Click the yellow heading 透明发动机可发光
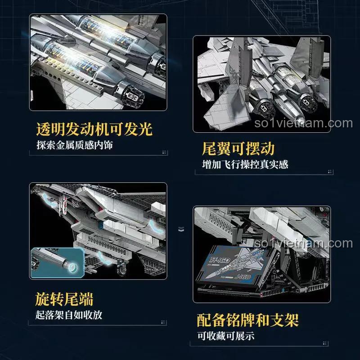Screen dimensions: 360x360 [x=94, y=129]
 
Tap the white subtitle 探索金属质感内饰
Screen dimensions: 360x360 [x=75, y=145]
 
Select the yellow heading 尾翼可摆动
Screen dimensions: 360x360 [x=238, y=148]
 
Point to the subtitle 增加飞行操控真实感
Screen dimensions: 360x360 [x=245, y=164]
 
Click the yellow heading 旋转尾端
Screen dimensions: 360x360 [x=64, y=299]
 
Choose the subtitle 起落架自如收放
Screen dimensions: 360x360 [x=69, y=315]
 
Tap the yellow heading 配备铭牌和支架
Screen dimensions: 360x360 [x=248, y=320]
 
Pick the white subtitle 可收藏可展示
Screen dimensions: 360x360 [x=226, y=336]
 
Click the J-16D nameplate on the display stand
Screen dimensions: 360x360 [x=232, y=266]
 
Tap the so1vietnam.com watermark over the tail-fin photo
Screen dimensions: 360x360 [x=303, y=123]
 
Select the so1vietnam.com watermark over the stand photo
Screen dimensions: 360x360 [x=303, y=243]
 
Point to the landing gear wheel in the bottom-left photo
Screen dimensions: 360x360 [x=121, y=269]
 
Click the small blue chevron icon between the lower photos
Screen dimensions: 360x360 [x=181, y=229]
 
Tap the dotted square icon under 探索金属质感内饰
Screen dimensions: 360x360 [x=164, y=152]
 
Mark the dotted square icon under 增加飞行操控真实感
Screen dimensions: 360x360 [x=330, y=171]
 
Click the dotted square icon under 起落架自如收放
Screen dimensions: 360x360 [x=163, y=322]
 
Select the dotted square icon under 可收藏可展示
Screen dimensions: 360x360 [x=324, y=343]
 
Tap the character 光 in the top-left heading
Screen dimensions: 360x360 [x=145, y=129]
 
